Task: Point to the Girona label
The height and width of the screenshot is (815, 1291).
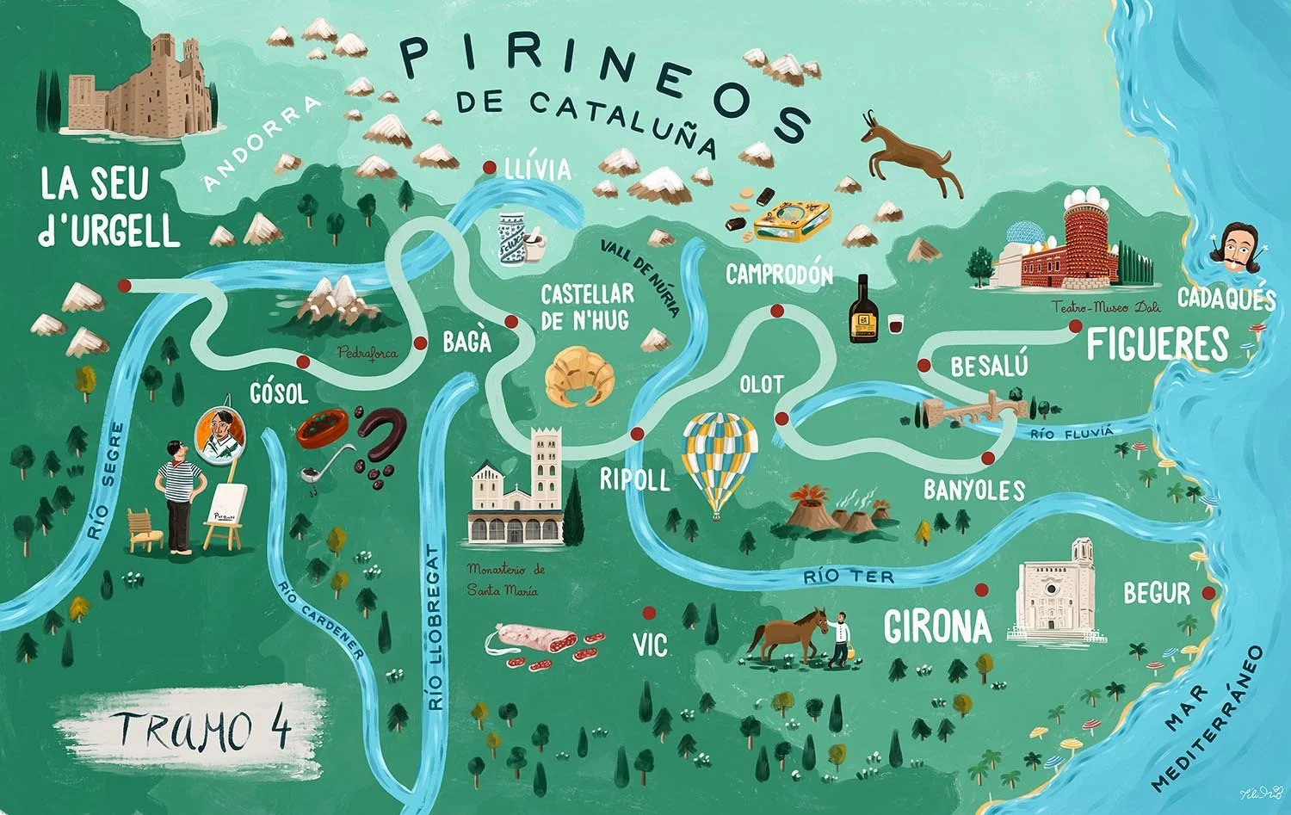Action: pyautogui.click(x=938, y=627)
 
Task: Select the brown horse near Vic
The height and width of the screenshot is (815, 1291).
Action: pyautogui.click(x=785, y=635)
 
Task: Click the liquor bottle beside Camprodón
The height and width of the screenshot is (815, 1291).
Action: pyautogui.click(x=862, y=312)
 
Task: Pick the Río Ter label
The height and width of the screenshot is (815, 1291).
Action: pyautogui.click(x=849, y=577)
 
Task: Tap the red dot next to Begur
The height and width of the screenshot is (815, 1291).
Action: pyautogui.click(x=1208, y=593)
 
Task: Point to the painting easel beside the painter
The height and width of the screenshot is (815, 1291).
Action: pyautogui.click(x=226, y=515)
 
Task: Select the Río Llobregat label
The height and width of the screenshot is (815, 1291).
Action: pyautogui.click(x=436, y=627)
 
